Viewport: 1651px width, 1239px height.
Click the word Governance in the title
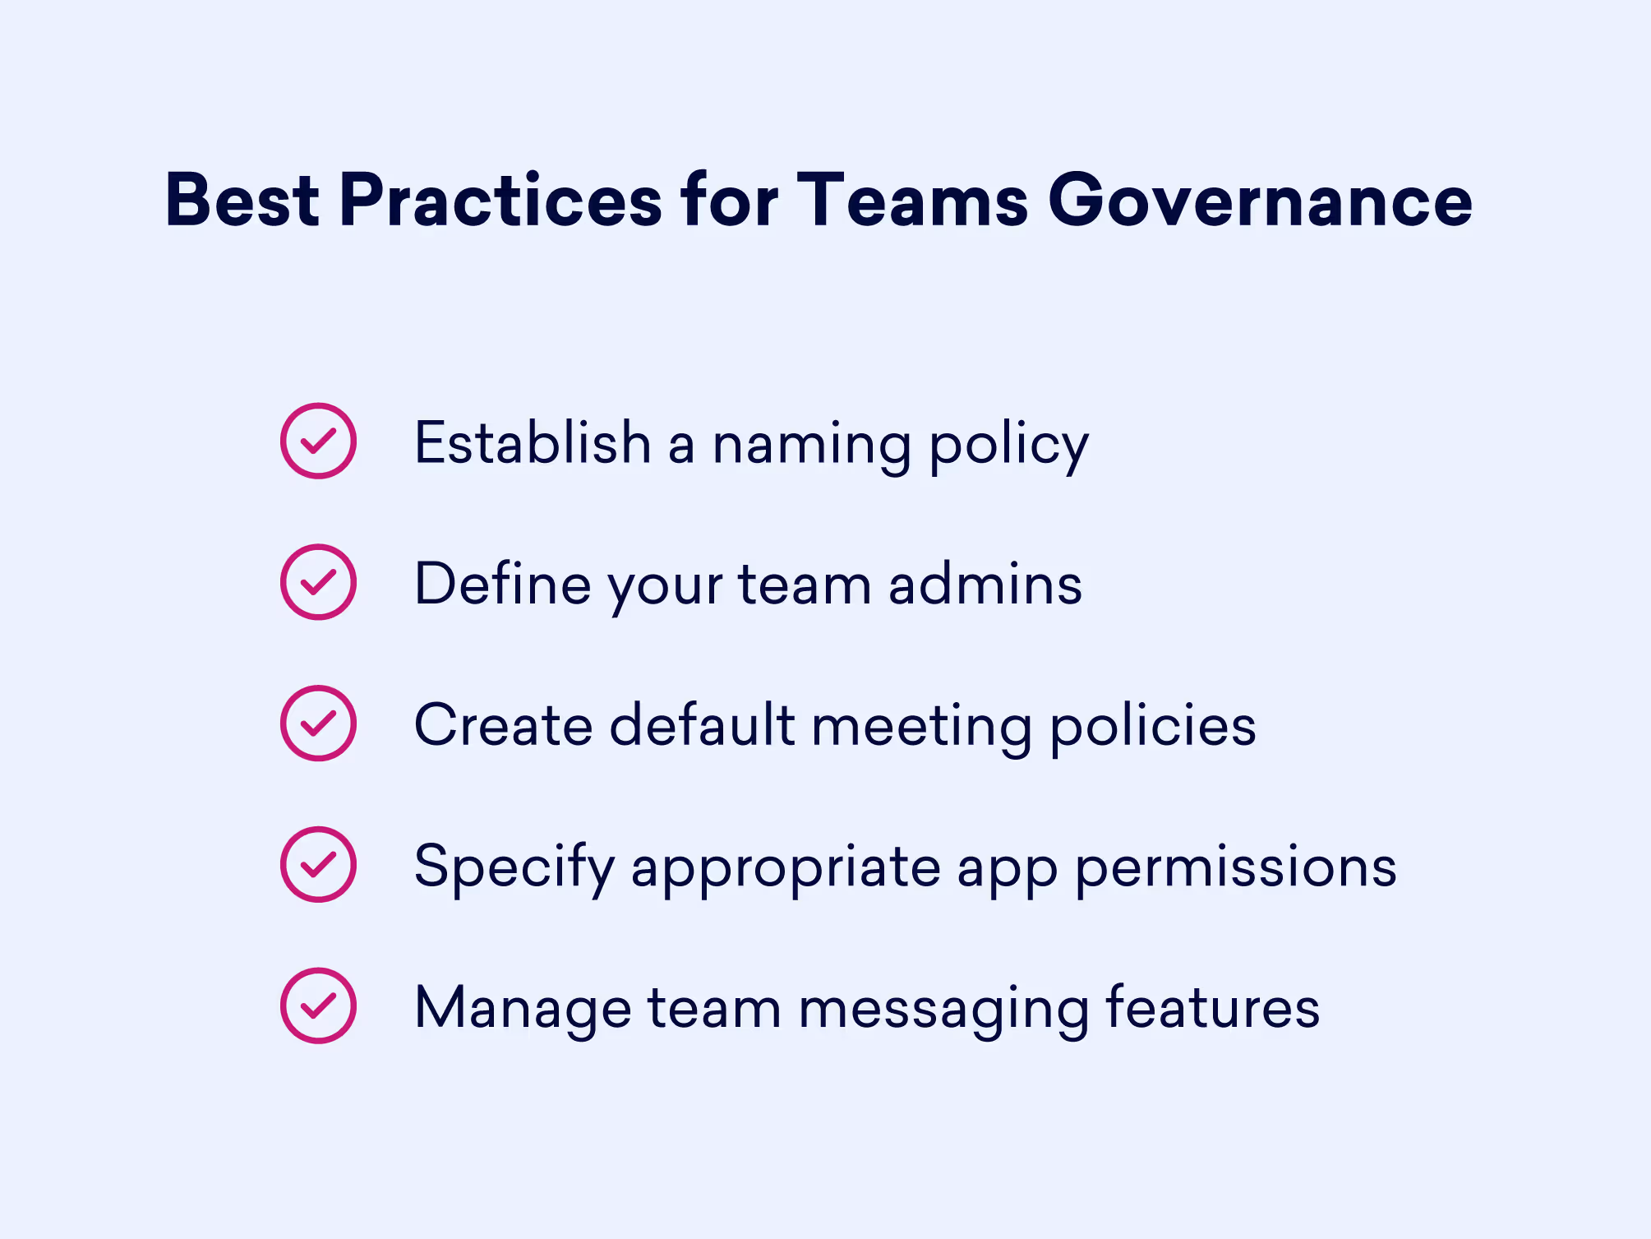point(1260,201)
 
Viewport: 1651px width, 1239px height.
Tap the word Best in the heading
point(242,201)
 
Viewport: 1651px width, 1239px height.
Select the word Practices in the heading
point(500,201)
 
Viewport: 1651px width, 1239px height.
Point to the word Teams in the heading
point(912,201)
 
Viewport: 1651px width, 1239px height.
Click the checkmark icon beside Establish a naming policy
point(318,441)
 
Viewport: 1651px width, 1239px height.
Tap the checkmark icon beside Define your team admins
point(318,582)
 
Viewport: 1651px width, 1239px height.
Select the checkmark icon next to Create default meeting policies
point(318,724)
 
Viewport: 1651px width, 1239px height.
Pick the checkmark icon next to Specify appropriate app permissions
point(318,865)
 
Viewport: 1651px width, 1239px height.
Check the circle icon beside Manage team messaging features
point(318,1006)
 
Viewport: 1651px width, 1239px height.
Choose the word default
point(702,725)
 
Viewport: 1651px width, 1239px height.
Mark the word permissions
point(1235,868)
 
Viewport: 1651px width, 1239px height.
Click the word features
point(1212,1008)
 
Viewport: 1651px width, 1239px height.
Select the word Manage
point(523,1010)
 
